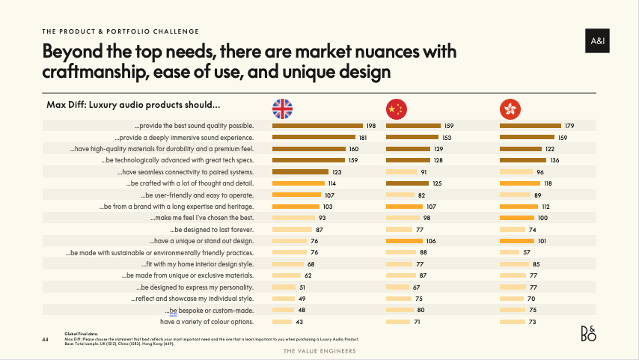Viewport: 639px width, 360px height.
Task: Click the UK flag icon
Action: point(282,109)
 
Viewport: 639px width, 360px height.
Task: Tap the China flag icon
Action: point(396,109)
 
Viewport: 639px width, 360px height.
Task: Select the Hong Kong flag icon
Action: point(510,109)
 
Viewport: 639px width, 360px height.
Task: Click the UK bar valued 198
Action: point(317,126)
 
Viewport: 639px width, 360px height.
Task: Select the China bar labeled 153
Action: point(412,138)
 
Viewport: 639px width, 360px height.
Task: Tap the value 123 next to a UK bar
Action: point(337,172)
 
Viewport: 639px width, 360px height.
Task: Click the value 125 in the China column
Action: point(438,183)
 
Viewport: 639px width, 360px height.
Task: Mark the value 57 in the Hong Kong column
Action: point(528,252)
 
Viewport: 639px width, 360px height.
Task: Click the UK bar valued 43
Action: point(281,322)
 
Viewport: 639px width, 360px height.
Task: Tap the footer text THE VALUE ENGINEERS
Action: point(319,350)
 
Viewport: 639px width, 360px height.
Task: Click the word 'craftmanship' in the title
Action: point(96,72)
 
